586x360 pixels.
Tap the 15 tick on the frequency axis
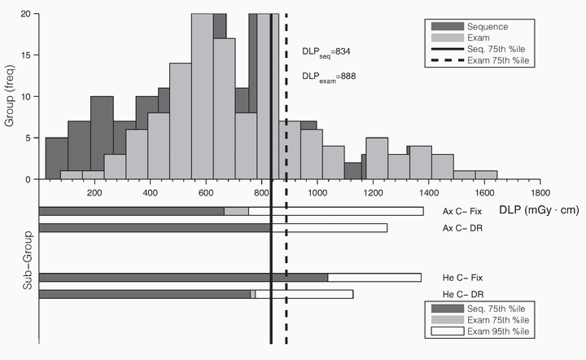28,55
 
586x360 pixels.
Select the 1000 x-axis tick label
317,193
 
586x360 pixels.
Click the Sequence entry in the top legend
489,27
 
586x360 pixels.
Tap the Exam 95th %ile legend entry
501,331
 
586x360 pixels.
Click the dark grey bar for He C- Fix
183,278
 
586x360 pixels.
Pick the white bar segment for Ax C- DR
329,228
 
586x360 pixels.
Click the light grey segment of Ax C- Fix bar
236,212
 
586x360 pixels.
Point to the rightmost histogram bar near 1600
486,175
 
